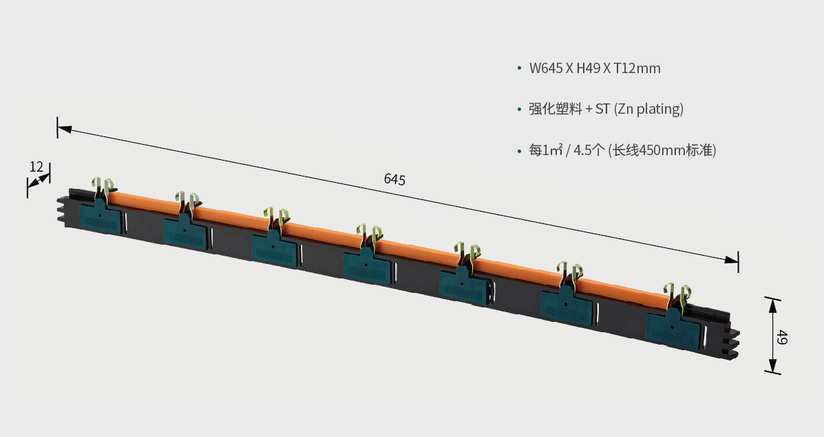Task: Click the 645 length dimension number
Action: click(394, 179)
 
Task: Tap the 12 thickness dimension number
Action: click(36, 167)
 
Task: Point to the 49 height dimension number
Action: click(782, 337)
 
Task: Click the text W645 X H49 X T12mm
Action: click(594, 68)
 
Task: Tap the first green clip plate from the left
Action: click(101, 216)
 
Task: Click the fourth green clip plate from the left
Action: click(368, 266)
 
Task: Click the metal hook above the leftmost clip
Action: click(103, 188)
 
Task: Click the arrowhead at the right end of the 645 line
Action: click(731, 260)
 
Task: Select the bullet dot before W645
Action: click(519, 68)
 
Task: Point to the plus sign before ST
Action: click(589, 110)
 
